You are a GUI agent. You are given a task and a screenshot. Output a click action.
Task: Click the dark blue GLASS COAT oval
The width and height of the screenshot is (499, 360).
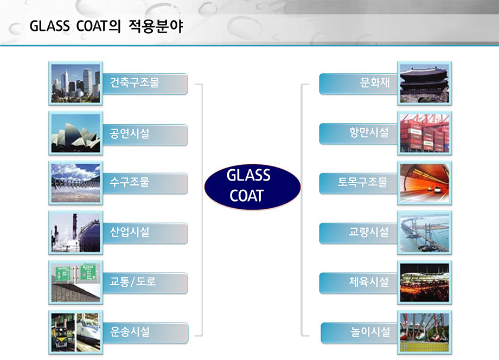tap(252, 187)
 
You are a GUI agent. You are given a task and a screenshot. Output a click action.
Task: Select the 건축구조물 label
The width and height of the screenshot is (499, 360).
tap(135, 82)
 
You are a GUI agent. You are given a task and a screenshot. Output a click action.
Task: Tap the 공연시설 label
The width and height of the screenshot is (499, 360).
tap(130, 133)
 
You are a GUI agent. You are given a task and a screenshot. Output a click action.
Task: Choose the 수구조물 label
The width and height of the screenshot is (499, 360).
tap(130, 182)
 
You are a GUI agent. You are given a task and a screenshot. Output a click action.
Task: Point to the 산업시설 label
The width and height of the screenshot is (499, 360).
tap(130, 232)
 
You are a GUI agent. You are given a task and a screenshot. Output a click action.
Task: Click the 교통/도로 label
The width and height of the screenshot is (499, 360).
tap(133, 281)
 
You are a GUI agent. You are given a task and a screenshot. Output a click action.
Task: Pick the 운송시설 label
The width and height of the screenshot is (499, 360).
tap(130, 331)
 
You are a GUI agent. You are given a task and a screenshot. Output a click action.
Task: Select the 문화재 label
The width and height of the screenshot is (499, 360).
tap(375, 82)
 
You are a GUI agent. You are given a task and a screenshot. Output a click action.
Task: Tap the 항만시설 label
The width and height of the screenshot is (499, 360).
tap(369, 132)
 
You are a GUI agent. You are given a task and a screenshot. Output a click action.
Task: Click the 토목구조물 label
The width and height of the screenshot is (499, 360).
tap(363, 182)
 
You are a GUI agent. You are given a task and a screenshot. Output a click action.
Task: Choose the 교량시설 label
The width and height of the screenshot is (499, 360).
tap(369, 232)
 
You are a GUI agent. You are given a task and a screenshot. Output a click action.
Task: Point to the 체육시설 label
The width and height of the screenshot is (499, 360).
tap(369, 281)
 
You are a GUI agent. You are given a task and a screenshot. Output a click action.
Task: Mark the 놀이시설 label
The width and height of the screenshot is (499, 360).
tap(370, 331)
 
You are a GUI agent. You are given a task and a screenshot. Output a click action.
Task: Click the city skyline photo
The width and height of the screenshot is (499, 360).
tap(76, 83)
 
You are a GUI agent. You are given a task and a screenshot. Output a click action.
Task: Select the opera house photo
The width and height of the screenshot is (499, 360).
tap(76, 133)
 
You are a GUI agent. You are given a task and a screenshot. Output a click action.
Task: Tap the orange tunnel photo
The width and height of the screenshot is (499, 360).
tap(425, 183)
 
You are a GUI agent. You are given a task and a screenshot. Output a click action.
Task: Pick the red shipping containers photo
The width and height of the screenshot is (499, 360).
tap(425, 133)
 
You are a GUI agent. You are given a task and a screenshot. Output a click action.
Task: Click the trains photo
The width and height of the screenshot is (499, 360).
tap(76, 332)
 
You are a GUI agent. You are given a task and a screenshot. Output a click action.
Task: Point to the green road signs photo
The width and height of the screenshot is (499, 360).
tap(76, 282)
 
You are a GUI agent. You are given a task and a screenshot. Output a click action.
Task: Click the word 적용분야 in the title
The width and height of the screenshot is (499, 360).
tap(156, 26)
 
